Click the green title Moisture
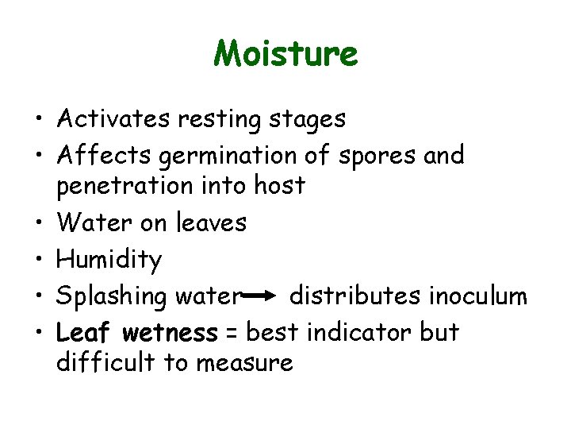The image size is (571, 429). [x=285, y=54]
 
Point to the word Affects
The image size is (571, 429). [x=103, y=156]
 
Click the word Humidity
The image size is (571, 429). [x=109, y=260]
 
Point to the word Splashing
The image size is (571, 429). [x=111, y=297]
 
